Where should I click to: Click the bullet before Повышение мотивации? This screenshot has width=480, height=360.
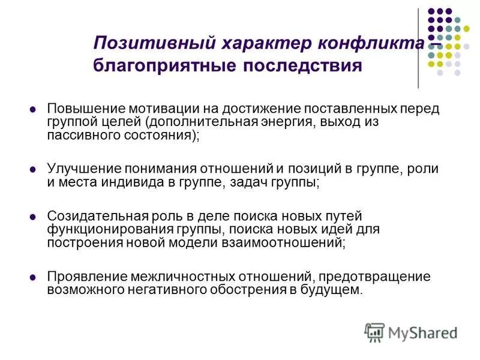tap(33, 109)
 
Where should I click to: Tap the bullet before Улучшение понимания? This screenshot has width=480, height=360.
tap(33, 170)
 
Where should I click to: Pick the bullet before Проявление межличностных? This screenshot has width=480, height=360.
tap(33, 277)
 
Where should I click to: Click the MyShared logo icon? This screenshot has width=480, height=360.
tap(374, 332)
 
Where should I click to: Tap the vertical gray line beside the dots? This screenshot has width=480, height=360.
tap(418, 48)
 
